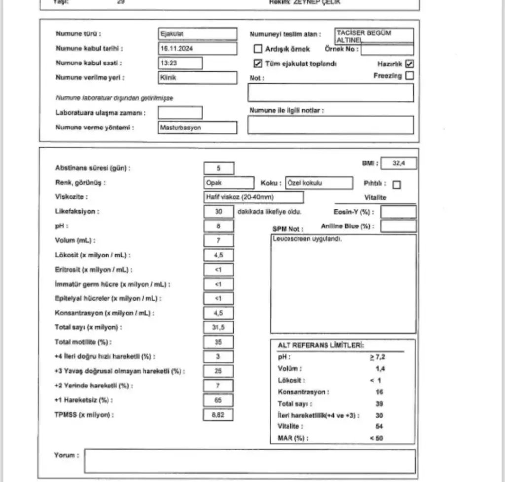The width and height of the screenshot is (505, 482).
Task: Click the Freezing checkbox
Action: coord(409,76)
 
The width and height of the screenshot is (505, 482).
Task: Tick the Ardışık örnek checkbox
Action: coord(257,49)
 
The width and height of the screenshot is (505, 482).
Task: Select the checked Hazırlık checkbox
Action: coord(409,64)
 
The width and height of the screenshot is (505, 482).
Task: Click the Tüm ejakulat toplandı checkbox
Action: coord(257,64)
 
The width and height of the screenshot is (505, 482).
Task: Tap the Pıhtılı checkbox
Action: coord(397,185)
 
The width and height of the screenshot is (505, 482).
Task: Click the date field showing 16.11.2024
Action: coord(197,49)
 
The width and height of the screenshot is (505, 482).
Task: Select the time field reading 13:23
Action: coord(180,63)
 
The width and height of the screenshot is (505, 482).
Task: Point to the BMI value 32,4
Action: coord(398,163)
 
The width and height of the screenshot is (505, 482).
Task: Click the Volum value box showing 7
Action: coord(218,241)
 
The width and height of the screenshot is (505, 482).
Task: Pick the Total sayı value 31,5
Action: coord(218,327)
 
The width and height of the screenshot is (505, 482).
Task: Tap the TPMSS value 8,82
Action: coord(218,415)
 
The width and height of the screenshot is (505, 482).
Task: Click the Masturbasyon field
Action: coord(197,128)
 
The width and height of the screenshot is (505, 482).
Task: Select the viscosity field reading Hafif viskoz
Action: coord(253,197)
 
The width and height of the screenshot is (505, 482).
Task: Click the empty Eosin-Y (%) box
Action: coord(398,212)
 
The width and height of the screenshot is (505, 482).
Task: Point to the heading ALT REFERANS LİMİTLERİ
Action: coord(318,346)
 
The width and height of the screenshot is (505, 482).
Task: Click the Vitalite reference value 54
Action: coord(379,426)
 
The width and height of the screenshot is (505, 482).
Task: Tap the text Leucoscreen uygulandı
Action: coord(307,239)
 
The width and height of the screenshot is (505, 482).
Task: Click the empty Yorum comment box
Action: coord(250,461)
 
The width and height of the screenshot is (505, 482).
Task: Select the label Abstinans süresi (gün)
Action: coord(93,168)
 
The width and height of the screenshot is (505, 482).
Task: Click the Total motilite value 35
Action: coord(218,342)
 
